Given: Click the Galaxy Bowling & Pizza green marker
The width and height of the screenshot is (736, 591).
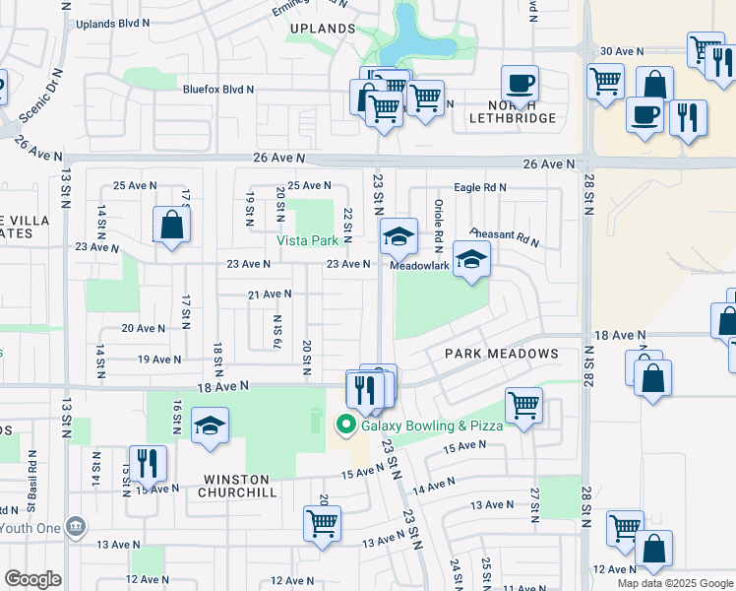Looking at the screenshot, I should coord(345,426).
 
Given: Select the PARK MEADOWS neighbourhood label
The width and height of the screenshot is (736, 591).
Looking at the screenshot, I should coord(501,354).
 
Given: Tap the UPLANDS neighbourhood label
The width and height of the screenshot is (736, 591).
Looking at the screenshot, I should coord(323,29).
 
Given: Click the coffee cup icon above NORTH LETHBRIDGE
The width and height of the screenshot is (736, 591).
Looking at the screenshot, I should coord(520,83).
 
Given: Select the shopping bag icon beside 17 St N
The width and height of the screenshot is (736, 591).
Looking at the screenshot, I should coord(172,224).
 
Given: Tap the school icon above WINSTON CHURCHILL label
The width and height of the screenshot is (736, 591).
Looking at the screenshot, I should coord(210,427).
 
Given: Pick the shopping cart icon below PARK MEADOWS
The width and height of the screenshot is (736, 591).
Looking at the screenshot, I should coord(524,405).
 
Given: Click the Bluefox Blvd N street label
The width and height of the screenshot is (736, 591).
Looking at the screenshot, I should coord(218,89).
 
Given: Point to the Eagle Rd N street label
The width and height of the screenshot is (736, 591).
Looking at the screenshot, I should coord(479,187).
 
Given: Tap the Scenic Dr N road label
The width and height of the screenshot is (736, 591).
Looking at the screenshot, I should coord(39,95).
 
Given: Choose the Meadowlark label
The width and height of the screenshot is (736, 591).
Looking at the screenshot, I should coord(419,265).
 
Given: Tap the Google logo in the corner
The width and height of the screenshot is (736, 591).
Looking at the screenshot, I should coord(32,579).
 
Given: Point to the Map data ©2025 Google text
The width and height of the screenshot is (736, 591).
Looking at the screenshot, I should coord(674,583).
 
